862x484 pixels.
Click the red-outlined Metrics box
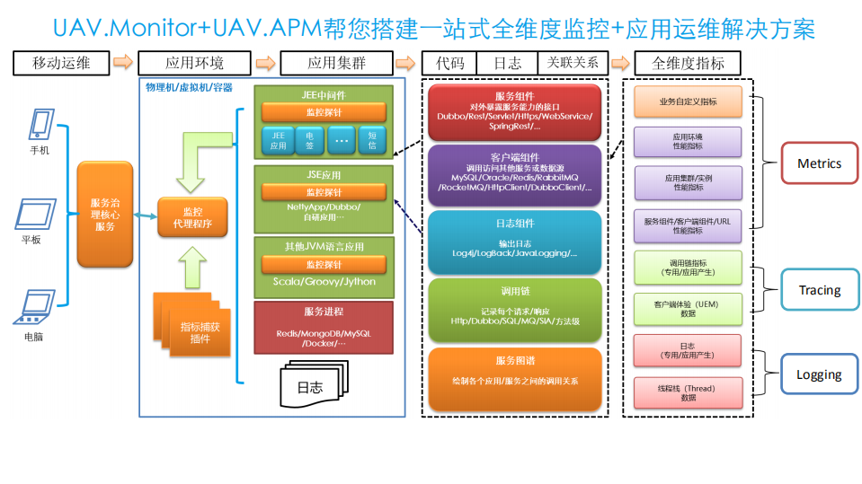point(819,163)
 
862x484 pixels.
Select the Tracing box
point(819,290)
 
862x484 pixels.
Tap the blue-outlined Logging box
point(819,374)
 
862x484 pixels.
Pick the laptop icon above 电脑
point(34,308)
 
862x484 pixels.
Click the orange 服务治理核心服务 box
point(105,215)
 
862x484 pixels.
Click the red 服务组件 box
point(513,111)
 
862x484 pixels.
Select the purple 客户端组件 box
point(513,172)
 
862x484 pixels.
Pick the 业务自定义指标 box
point(688,102)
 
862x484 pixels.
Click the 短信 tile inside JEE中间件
point(372,140)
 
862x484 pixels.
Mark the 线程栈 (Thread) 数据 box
point(688,392)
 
